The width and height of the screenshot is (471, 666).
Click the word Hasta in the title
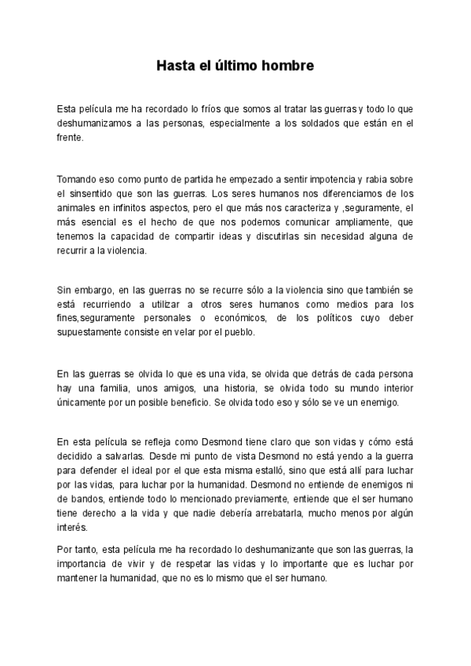(173, 66)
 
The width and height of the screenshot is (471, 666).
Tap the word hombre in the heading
(287, 66)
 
